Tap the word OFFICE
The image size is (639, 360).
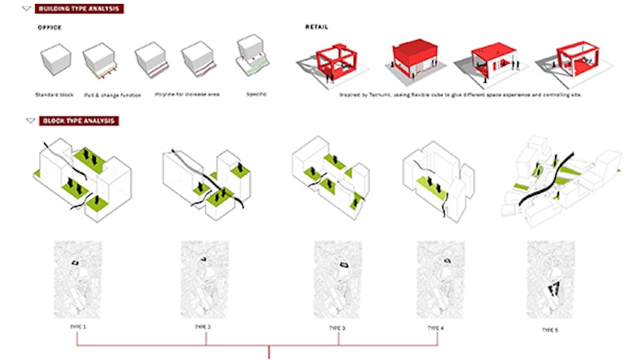coord(50,27)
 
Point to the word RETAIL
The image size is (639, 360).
coord(316,27)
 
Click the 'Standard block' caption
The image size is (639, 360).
coord(54,95)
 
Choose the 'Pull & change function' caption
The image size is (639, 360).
coord(112,95)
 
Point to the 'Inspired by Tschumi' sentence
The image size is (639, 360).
coord(452,95)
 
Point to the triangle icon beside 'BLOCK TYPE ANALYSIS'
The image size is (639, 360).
coord(30,121)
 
